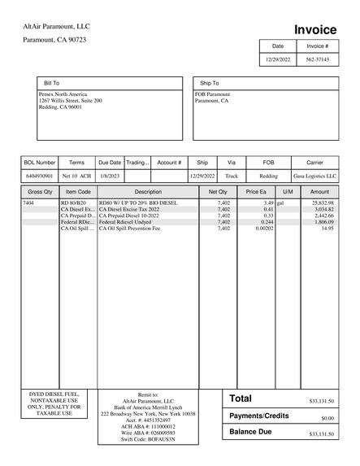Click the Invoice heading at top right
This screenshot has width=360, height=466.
coord(314,29)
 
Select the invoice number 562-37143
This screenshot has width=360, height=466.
coord(318,60)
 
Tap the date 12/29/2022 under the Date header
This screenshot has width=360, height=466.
coord(278,60)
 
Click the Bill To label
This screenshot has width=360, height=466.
coord(51,83)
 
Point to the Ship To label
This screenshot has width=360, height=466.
coord(209,83)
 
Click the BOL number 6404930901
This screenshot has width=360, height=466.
coord(40,176)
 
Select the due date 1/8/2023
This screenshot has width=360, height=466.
coord(109,176)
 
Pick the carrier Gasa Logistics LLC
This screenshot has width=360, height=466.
coord(314,176)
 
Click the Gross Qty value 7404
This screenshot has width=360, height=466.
coord(28,203)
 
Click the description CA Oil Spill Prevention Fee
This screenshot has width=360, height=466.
coord(129,229)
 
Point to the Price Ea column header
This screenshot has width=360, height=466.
coord(256,192)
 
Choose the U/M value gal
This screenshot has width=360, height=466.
coord(281,203)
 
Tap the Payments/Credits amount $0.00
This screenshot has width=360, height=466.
coord(327,418)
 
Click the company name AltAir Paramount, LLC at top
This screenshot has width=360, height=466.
coord(56,27)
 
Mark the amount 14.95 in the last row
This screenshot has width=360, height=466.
coord(327,229)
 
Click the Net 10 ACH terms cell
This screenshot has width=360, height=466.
coord(76,176)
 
